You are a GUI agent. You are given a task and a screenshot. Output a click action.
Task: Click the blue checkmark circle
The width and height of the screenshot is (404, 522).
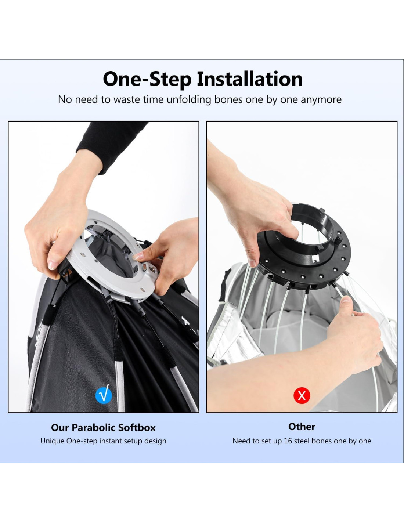point(104,395)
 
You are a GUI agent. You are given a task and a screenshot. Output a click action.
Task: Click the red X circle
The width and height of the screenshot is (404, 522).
point(302,395)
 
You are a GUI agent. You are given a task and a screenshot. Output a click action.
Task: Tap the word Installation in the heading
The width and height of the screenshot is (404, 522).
point(250,79)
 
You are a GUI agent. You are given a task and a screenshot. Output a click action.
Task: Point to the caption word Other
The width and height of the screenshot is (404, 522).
point(302,427)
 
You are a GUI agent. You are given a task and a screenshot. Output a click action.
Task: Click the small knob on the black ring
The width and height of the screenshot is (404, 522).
point(340,239)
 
